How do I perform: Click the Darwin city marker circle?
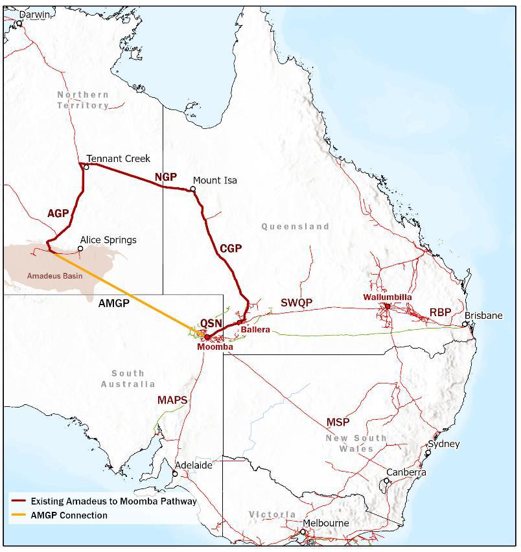click(19, 23)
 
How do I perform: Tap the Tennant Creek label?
click(118, 158)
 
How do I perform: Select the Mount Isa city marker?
click(192, 189)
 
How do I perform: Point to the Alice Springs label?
click(108, 240)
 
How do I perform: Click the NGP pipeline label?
click(165, 177)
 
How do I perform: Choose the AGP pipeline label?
click(58, 213)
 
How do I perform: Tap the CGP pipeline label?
click(231, 248)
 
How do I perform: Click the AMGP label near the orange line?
click(113, 303)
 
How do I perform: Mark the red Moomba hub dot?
click(207, 337)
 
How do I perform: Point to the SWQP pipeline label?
click(296, 303)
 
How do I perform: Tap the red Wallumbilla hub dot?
click(387, 306)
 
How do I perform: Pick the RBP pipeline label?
click(440, 313)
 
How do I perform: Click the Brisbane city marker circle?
click(465, 324)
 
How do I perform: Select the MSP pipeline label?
click(338, 422)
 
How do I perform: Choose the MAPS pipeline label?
click(172, 400)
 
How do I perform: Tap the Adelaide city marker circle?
click(174, 474)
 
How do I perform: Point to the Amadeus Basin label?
click(54, 276)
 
